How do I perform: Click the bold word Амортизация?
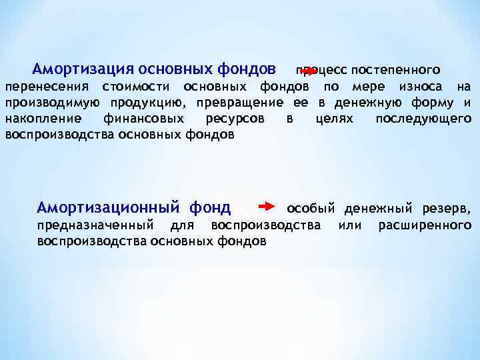tap(83, 69)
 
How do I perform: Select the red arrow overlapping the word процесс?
tap(309, 69)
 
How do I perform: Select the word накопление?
tap(43, 119)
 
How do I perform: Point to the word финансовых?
tap(142, 119)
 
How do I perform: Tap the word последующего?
tap(423, 119)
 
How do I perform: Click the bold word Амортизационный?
tap(109, 207)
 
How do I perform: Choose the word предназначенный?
tap(94, 225)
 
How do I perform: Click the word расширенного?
tap(425, 225)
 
